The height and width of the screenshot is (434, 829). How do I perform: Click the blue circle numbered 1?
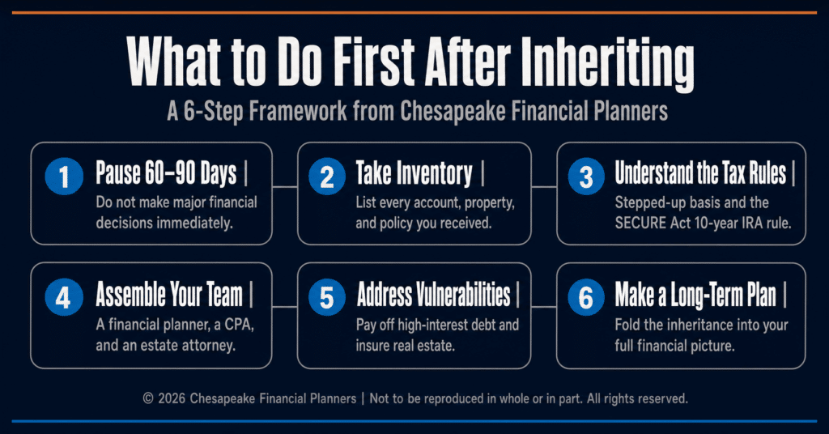pos(64,176)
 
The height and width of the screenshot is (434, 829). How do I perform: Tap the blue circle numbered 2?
pos(327,176)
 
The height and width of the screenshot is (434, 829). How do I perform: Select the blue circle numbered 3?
pos(586,176)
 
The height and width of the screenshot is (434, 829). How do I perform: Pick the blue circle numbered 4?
pos(64,297)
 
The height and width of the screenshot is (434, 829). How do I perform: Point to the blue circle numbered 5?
pos(327,297)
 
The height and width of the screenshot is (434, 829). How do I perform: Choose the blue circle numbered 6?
pos(586,297)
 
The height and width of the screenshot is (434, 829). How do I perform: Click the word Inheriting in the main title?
pos(607,63)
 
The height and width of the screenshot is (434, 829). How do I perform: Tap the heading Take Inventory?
pos(414,174)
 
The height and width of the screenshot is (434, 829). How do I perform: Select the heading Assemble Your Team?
pos(169,294)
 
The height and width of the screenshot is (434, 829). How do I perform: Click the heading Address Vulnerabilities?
pos(434,294)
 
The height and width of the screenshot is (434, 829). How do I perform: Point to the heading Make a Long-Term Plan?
pos(695,295)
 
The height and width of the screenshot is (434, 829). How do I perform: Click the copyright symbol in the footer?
pos(148,398)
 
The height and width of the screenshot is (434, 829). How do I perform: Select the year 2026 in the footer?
pos(172,398)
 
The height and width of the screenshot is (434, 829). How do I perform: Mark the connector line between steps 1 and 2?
pos(285,186)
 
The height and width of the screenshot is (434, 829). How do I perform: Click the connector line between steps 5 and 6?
pos(543,307)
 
